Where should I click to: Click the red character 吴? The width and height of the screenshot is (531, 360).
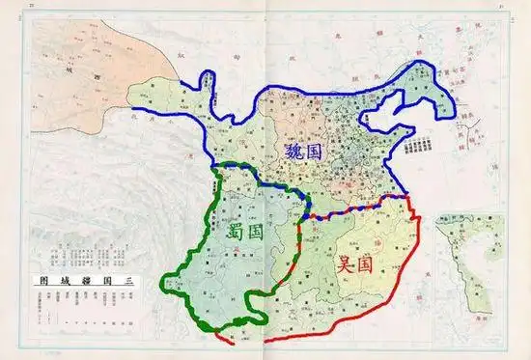pos(347,262)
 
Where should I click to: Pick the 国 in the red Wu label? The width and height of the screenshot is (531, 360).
pos(371,263)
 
